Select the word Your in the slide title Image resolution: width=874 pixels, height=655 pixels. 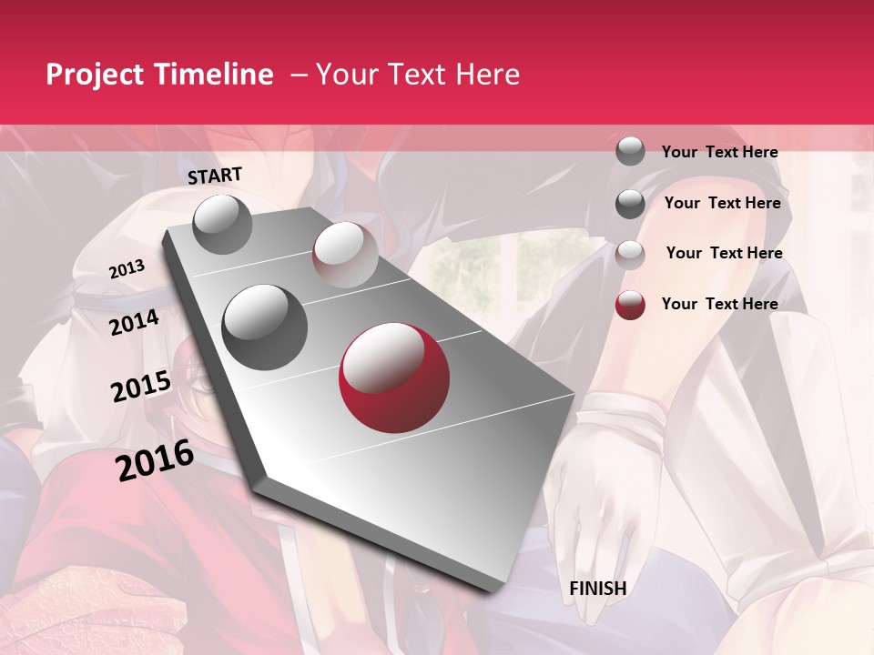point(346,75)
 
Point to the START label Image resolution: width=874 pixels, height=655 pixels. point(215,176)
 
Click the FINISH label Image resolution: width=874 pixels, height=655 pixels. point(598,589)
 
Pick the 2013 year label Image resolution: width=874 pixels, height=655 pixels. point(127,269)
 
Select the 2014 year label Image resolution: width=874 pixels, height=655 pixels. point(135,322)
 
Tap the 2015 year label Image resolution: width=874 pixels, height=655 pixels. point(141,388)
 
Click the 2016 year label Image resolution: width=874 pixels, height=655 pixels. point(155,461)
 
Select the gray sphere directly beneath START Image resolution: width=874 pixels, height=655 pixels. point(222,224)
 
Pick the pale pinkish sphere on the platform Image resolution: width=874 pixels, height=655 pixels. point(345,255)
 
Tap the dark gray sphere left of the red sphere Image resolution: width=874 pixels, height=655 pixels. point(265,327)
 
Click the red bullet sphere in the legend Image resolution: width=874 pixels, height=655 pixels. point(630,305)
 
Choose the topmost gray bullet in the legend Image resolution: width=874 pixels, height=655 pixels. point(630,151)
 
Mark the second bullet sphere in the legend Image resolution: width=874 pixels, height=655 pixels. point(630,204)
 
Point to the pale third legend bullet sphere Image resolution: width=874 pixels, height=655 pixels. point(630,254)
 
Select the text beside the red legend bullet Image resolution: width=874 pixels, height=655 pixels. point(719,304)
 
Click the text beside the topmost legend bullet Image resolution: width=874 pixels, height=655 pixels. point(719,152)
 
